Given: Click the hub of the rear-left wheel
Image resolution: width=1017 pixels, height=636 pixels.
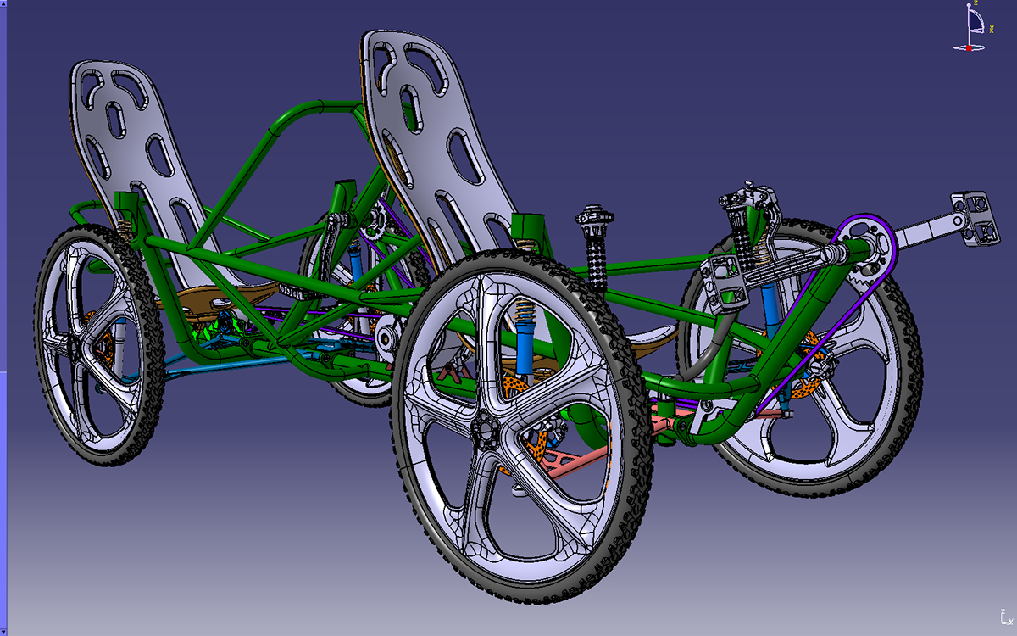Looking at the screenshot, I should pos(75,348).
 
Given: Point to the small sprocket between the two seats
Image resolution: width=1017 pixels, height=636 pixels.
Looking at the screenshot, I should pos(374,226).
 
